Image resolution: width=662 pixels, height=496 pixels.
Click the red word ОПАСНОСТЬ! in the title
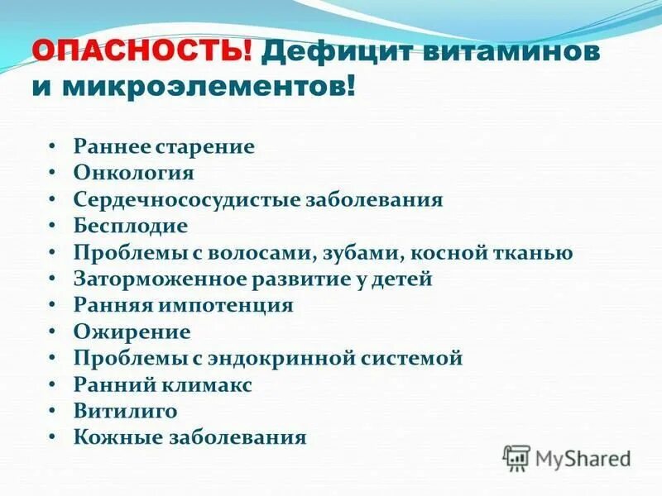point(142,54)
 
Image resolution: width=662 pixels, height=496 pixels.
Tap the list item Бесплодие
point(130,226)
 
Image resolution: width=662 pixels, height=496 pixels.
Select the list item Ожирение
point(132,331)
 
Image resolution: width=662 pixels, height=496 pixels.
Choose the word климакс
point(212,384)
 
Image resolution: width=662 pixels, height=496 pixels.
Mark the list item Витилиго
point(125,411)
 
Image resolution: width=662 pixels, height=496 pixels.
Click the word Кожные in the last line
point(111,437)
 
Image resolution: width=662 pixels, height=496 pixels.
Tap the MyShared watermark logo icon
point(517,457)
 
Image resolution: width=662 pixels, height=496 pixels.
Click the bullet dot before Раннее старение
point(51,146)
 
